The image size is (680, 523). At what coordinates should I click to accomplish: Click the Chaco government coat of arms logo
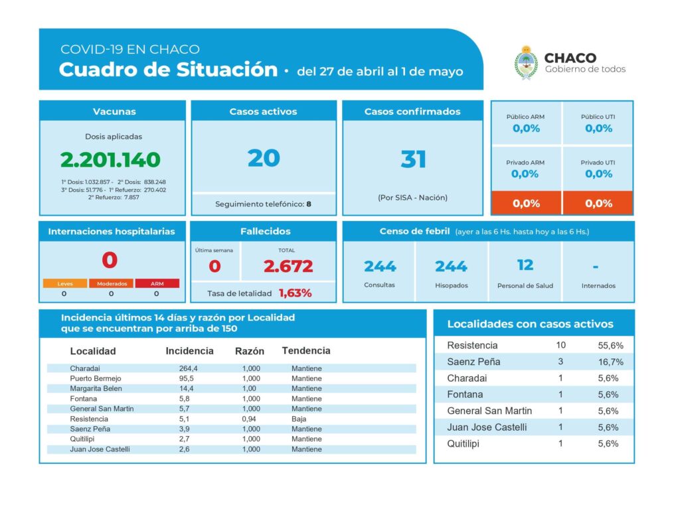[526, 62]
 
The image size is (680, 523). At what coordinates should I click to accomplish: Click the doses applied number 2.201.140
[110, 160]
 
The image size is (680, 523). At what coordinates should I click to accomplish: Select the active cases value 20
[264, 158]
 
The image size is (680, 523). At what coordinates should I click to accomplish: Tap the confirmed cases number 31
[412, 159]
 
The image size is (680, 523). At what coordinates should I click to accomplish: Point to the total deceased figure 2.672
[288, 266]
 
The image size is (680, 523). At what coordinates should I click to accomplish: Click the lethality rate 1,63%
[295, 293]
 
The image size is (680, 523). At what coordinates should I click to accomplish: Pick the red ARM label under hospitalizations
[156, 283]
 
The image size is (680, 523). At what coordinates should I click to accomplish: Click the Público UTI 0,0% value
[598, 129]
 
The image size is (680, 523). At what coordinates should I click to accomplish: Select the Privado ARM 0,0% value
[525, 174]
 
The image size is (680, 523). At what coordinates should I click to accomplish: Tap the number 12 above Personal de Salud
[525, 265]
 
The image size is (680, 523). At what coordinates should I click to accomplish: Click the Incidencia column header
[189, 350]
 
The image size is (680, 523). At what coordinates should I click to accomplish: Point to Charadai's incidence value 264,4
[189, 368]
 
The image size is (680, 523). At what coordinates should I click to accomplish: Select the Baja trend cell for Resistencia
[299, 419]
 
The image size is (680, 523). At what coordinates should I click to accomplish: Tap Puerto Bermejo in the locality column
[94, 378]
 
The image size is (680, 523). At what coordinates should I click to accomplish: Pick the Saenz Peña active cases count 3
[560, 362]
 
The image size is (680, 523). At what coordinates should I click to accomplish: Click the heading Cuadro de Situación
[168, 70]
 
